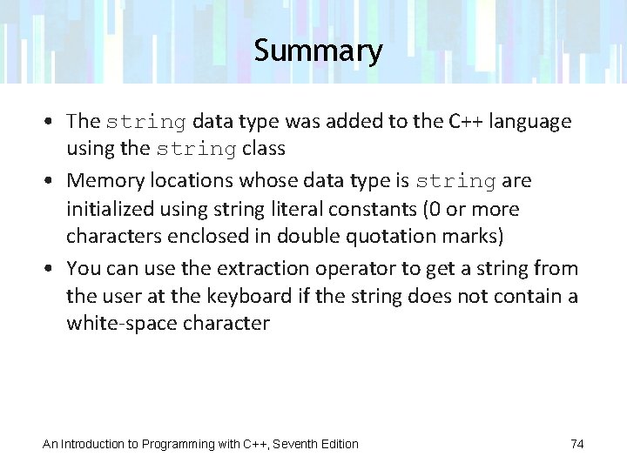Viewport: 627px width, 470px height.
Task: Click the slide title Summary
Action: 318,50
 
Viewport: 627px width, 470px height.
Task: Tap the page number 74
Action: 576,444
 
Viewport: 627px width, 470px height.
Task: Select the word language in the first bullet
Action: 530,121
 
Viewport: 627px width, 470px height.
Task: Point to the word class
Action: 264,148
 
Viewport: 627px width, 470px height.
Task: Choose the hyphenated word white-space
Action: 121,323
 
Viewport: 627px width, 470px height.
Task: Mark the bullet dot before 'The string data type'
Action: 54,122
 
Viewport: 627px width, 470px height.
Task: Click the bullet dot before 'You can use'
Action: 54,267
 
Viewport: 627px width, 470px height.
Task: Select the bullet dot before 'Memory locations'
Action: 54,181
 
